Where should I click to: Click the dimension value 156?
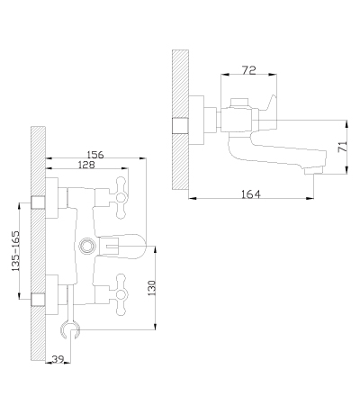(95, 155)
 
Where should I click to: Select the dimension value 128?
(86, 165)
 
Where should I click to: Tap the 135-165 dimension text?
(15, 251)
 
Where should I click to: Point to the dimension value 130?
(152, 288)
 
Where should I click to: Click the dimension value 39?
(58, 359)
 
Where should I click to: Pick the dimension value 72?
(248, 70)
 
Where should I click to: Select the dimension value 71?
(343, 147)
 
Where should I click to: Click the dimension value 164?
(251, 194)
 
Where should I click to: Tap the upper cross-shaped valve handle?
(121, 198)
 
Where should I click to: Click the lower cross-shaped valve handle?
(121, 294)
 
